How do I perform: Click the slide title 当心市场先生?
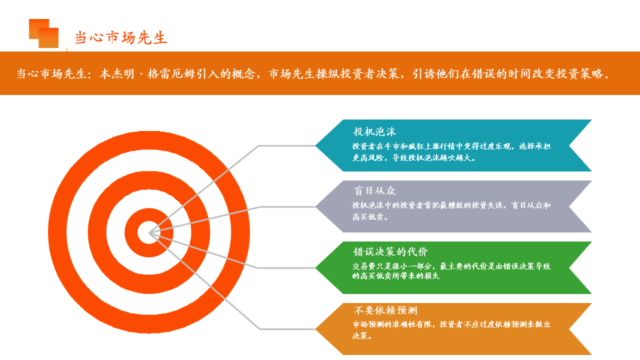(x=121, y=37)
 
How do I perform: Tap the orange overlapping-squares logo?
(x=43, y=33)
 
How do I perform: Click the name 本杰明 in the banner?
(x=117, y=73)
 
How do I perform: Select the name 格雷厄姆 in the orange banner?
(x=171, y=73)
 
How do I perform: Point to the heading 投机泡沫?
(x=374, y=131)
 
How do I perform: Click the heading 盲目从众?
(x=374, y=190)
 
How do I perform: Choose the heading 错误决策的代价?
(x=390, y=251)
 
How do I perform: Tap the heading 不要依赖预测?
(x=385, y=310)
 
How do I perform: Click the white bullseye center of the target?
(x=148, y=232)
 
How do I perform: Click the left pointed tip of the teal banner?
(x=315, y=145)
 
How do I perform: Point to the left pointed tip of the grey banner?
(x=315, y=206)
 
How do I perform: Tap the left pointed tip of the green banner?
(x=315, y=267)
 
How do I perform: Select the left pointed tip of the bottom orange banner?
(x=315, y=329)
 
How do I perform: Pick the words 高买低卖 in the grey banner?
(x=367, y=217)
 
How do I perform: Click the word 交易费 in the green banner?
(x=363, y=266)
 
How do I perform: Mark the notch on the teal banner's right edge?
(x=569, y=145)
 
